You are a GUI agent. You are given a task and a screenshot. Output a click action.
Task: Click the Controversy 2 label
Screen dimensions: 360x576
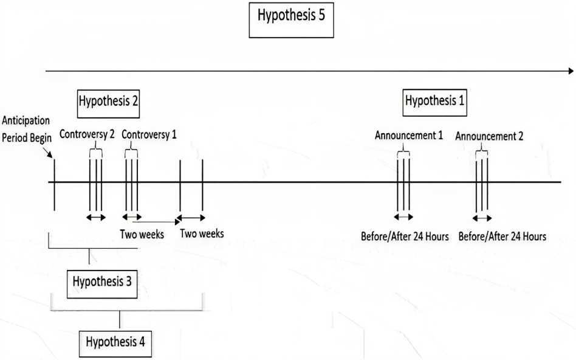[87, 134]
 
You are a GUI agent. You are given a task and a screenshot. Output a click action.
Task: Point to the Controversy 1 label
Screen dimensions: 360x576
[149, 134]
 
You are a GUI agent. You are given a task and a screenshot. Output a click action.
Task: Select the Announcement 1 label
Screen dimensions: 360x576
[408, 135]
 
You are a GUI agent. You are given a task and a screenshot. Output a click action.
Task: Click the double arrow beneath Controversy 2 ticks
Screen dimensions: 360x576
[95, 217]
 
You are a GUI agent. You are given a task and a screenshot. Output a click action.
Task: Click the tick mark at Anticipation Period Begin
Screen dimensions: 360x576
[55, 182]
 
